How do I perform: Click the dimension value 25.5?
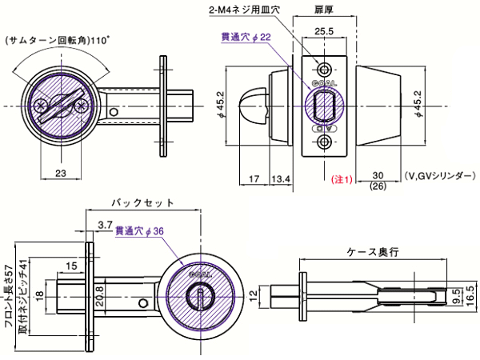[324, 31]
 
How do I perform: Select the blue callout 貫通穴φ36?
[139, 231]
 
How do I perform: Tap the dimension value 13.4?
[281, 178]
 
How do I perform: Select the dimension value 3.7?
[104, 226]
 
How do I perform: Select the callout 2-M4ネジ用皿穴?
[242, 10]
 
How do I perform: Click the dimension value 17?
[254, 178]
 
